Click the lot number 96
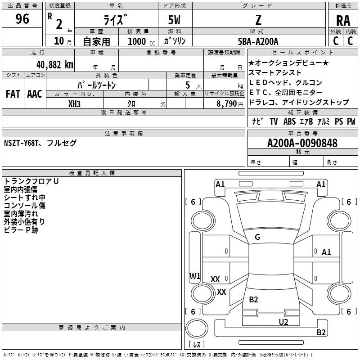click(x=22, y=19)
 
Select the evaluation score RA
click(x=343, y=20)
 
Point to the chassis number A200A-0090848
click(x=302, y=144)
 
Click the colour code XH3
click(x=75, y=103)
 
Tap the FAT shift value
click(x=13, y=94)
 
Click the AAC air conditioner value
click(x=35, y=94)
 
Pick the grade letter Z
click(x=258, y=20)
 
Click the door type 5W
click(x=175, y=20)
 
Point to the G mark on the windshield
click(x=257, y=237)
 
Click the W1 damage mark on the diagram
click(x=195, y=276)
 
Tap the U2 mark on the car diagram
click(x=283, y=322)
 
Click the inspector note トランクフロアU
click(x=31, y=181)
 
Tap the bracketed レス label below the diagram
click(x=196, y=345)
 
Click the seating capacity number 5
click(x=187, y=85)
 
